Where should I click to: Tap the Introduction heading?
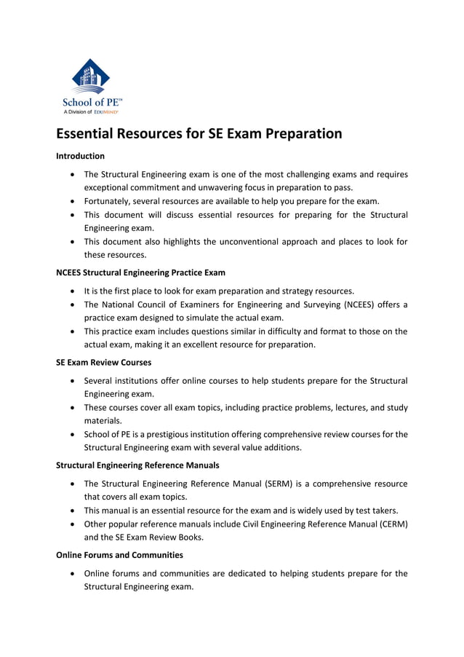(80, 156)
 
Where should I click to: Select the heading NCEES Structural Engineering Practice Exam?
(140, 272)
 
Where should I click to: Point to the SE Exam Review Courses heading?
(103, 362)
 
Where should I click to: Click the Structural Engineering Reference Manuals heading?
(137, 465)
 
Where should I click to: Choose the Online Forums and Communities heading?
(119, 554)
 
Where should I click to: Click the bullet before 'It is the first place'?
(73, 291)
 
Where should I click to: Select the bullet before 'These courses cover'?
(73, 408)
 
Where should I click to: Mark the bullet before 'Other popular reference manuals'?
(73, 524)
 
